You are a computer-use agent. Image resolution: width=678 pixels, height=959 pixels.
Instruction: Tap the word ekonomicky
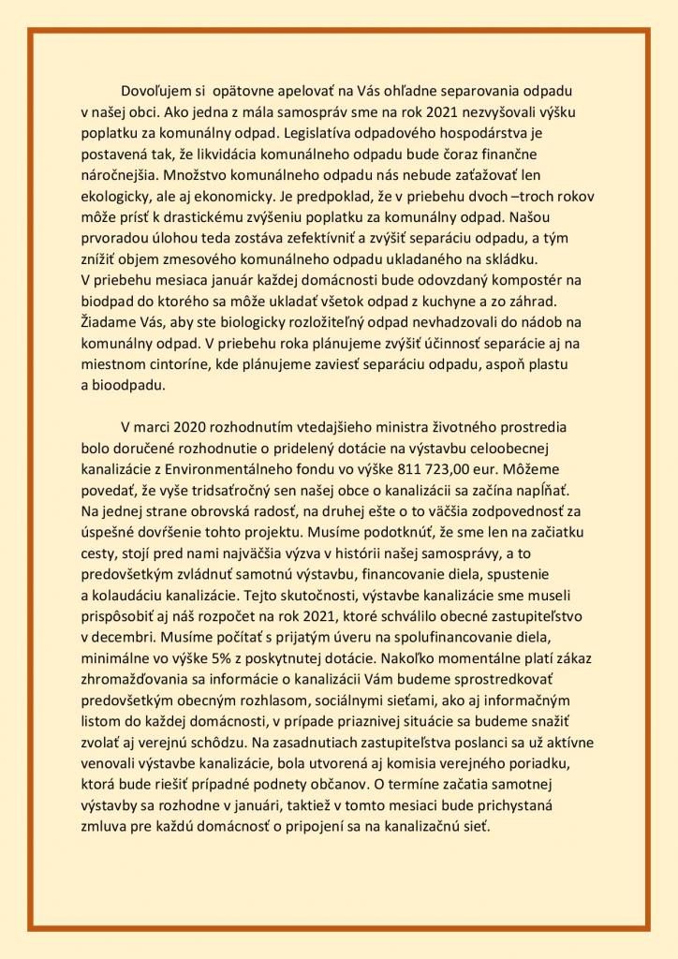(x=286, y=196)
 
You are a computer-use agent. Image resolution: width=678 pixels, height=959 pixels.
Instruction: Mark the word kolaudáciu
(x=128, y=595)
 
